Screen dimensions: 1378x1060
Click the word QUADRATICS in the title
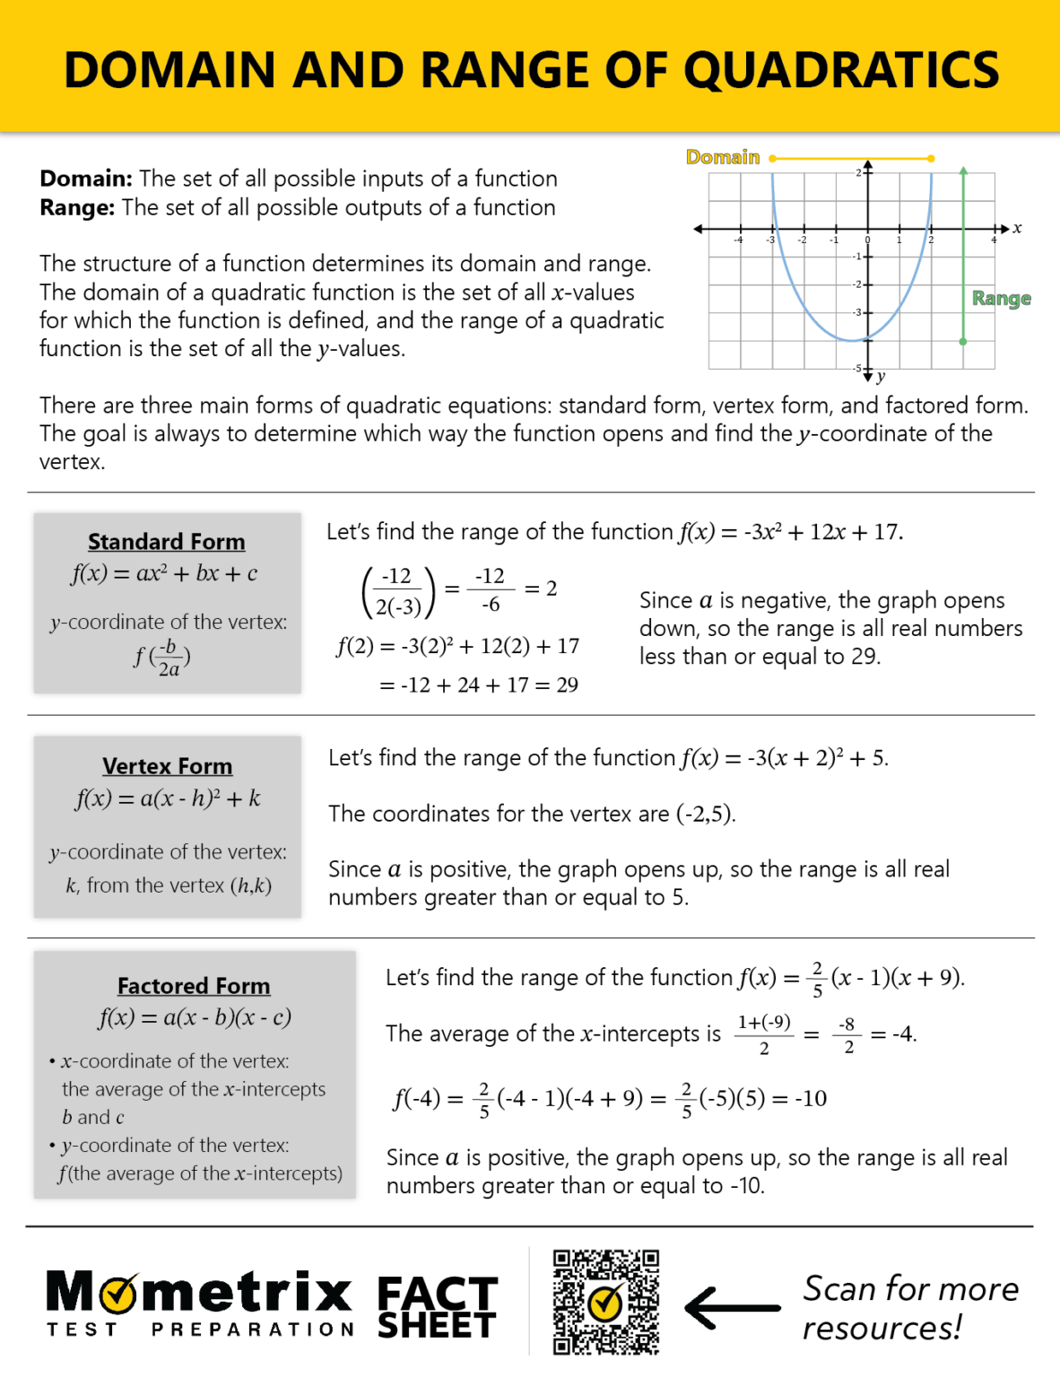[841, 70]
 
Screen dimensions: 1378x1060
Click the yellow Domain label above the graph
[722, 157]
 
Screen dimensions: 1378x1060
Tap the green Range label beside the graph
[1001, 298]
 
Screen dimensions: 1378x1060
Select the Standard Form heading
[166, 542]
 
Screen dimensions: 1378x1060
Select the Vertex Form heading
[167, 766]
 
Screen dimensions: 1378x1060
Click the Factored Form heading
[194, 986]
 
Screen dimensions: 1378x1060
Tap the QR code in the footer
[606, 1302]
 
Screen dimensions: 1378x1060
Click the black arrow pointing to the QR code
[732, 1308]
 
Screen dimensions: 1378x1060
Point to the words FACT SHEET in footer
[437, 1308]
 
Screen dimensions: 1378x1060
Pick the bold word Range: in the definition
[77, 207]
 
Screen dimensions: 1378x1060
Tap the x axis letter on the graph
[1017, 228]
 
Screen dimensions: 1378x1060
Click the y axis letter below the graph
[881, 376]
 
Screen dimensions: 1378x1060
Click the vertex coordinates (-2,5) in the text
[706, 814]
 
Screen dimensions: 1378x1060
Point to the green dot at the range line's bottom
[963, 342]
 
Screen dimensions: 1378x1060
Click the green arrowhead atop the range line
[963, 170]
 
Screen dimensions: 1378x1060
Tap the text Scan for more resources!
[909, 1308]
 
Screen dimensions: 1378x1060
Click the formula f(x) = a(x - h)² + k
[168, 798]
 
